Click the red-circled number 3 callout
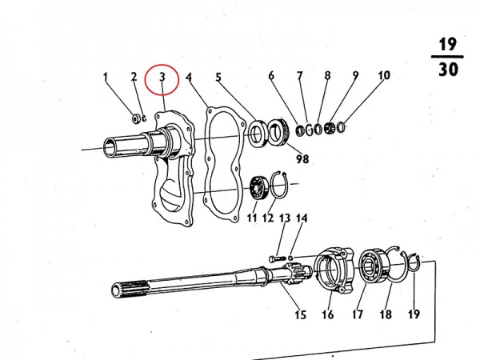162,77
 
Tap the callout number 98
302,159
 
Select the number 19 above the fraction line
448,45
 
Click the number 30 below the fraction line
448,70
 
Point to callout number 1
106,77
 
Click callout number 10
384,75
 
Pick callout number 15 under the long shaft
300,314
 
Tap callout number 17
358,314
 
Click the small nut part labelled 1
135,118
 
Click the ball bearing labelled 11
258,188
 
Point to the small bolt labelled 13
277,259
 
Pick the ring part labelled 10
341,127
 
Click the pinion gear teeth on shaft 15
294,270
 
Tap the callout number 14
302,218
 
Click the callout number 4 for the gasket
189,77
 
